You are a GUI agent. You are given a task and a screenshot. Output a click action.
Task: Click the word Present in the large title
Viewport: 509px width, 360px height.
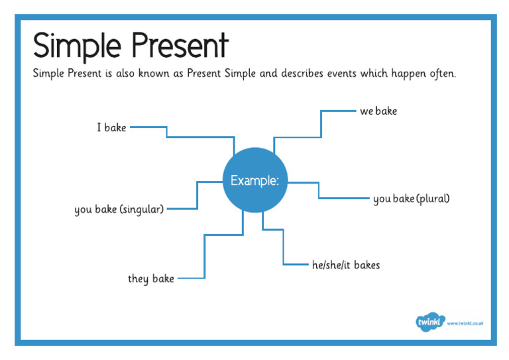[x=180, y=46]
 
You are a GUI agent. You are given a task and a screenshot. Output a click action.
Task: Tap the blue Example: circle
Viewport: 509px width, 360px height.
[x=254, y=180]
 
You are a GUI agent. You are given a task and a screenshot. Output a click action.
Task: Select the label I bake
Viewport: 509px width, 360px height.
[x=111, y=127]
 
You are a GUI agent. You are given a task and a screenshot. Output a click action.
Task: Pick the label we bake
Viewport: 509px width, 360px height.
[x=378, y=111]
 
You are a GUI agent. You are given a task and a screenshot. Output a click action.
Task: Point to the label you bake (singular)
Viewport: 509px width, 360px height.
[x=119, y=210]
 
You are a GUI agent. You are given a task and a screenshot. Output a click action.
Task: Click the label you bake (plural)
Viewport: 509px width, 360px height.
[x=411, y=198]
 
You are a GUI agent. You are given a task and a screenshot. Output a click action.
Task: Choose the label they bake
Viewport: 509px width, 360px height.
[x=151, y=278]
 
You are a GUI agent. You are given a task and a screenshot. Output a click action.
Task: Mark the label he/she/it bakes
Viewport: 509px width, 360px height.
[x=346, y=265]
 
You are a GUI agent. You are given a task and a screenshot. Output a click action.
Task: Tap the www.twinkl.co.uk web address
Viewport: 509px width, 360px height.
[x=465, y=323]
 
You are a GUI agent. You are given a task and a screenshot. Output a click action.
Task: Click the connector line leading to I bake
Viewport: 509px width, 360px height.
[x=199, y=137]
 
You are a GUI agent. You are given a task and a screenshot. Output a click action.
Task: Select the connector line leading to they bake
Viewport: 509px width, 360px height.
[x=204, y=256]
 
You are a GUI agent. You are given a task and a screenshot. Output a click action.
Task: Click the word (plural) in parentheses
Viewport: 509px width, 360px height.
[x=433, y=198]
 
